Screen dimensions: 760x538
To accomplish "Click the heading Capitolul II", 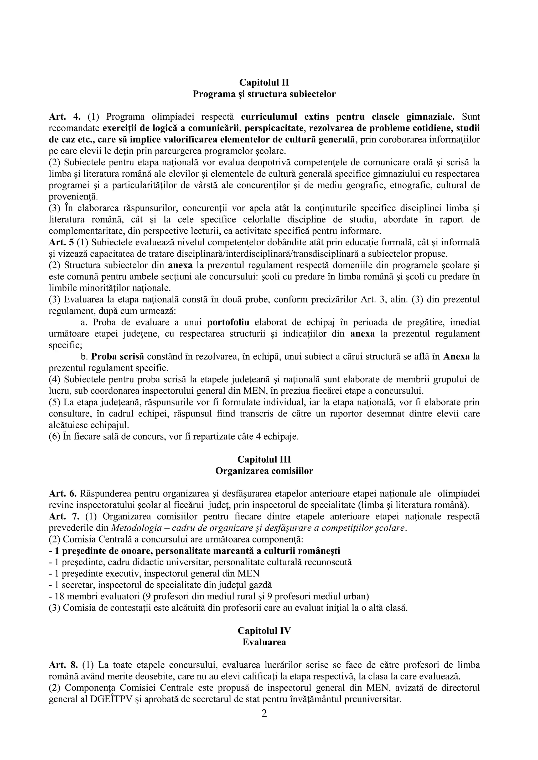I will (264, 82).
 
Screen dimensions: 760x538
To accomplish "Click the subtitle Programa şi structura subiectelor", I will (264, 94).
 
